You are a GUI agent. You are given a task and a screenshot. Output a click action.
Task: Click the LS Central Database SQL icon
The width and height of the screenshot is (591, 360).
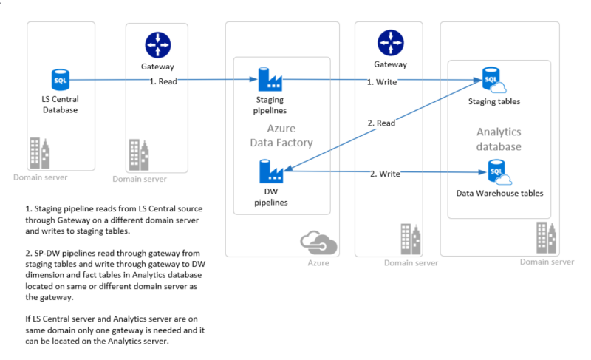pyautogui.click(x=60, y=79)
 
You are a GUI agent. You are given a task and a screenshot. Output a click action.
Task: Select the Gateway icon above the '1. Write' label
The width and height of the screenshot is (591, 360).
pyautogui.click(x=391, y=43)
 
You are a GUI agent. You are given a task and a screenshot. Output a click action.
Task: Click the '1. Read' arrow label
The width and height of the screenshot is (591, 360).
pyautogui.click(x=163, y=81)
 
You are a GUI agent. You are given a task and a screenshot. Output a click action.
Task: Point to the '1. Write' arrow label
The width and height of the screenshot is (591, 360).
pyautogui.click(x=383, y=81)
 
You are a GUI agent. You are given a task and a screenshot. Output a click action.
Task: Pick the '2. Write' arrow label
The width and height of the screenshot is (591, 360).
pyautogui.click(x=384, y=174)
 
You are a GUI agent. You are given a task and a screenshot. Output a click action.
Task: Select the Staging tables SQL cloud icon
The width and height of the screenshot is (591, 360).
pyautogui.click(x=491, y=79)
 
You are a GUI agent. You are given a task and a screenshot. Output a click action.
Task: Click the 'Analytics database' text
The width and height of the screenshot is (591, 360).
pyautogui.click(x=499, y=139)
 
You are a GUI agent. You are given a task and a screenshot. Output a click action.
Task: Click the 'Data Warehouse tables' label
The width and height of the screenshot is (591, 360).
pyautogui.click(x=499, y=194)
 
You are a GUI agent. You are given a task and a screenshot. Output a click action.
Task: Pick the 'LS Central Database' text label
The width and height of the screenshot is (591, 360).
pyautogui.click(x=60, y=104)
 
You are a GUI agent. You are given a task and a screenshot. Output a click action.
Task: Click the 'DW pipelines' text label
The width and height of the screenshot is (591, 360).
pyautogui.click(x=267, y=197)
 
